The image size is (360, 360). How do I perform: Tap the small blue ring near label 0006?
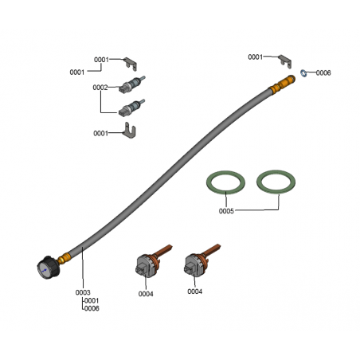pyautogui.click(x=303, y=72)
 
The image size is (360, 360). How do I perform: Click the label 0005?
pyautogui.click(x=226, y=211)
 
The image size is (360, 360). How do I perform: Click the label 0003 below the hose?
pyautogui.click(x=83, y=292)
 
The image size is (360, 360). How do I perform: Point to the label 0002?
pyautogui.click(x=100, y=88)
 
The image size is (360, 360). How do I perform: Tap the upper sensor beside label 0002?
pyautogui.click(x=132, y=84)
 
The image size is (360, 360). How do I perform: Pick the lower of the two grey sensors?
pyautogui.click(x=131, y=108)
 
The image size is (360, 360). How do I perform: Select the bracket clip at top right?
pyautogui.click(x=285, y=61)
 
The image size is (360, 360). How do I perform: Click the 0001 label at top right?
pyautogui.click(x=255, y=57)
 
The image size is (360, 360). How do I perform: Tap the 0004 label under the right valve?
pyautogui.click(x=194, y=292)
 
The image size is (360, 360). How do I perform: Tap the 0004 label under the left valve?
pyautogui.click(x=146, y=294)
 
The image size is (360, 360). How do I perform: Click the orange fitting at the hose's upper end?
pyautogui.click(x=282, y=84)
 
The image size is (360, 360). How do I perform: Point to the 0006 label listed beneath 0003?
pyautogui.click(x=92, y=308)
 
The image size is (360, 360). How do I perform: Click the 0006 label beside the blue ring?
pyautogui.click(x=323, y=72)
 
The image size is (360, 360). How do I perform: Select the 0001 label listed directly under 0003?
pyautogui.click(x=92, y=300)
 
